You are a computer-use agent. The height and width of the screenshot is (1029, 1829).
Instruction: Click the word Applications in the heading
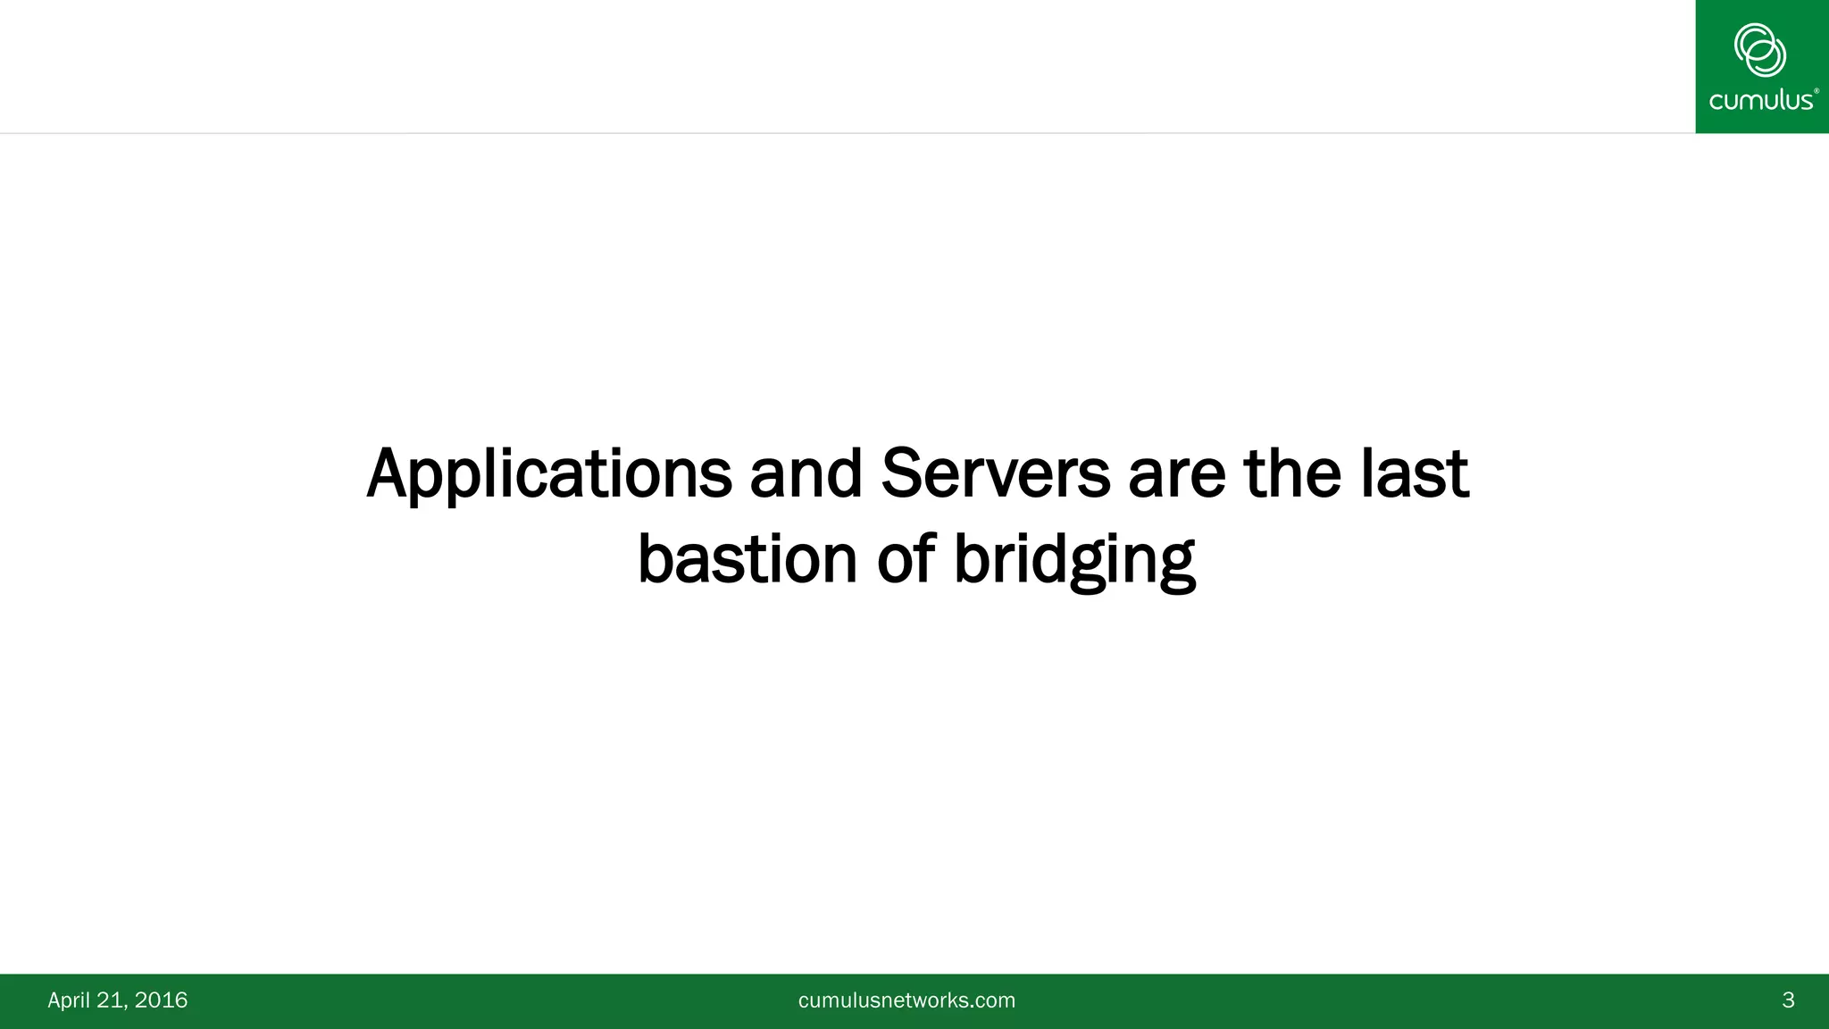548,475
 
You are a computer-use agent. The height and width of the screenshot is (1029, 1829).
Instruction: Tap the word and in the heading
805,473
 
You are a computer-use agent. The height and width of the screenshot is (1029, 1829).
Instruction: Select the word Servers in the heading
995,473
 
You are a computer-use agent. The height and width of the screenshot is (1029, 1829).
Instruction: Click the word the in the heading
1291,473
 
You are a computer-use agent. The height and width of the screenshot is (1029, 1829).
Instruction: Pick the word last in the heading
1415,473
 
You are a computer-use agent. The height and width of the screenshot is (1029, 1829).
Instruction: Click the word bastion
747,560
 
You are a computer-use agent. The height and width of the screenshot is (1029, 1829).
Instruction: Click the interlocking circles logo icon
1759,49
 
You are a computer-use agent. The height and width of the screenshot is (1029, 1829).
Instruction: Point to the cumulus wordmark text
1759,99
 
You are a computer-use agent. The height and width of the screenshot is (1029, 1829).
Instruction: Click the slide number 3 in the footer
1788,1000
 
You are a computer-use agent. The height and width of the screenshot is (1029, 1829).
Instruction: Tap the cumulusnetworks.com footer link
906,1000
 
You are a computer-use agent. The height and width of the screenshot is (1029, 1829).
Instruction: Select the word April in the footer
68,1000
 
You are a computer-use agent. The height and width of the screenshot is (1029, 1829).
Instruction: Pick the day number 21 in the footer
111,1000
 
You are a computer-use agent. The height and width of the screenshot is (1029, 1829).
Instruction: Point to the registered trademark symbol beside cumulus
1816,90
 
